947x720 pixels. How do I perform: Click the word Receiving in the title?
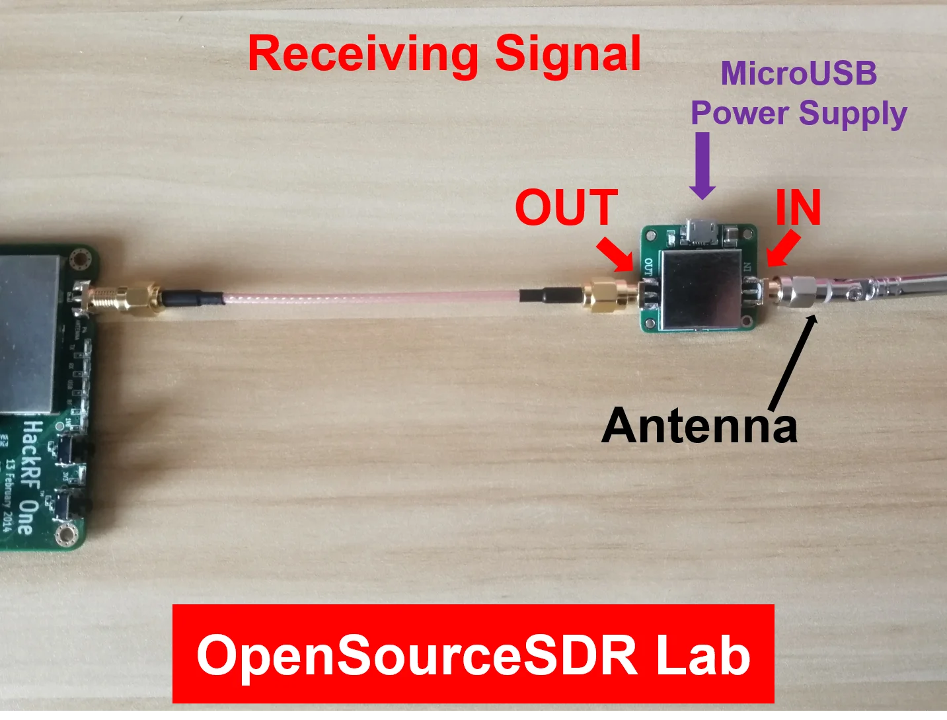pos(362,54)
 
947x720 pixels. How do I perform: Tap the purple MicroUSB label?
pos(798,73)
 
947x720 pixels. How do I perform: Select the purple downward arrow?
pos(702,165)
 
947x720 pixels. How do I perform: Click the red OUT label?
pos(566,208)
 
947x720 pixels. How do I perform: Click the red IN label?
pos(798,208)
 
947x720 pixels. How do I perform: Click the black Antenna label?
pos(699,425)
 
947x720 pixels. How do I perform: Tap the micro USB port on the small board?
pos(699,232)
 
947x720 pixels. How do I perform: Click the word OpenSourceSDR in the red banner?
pos(417,655)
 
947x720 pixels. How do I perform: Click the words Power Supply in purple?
pos(798,113)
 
